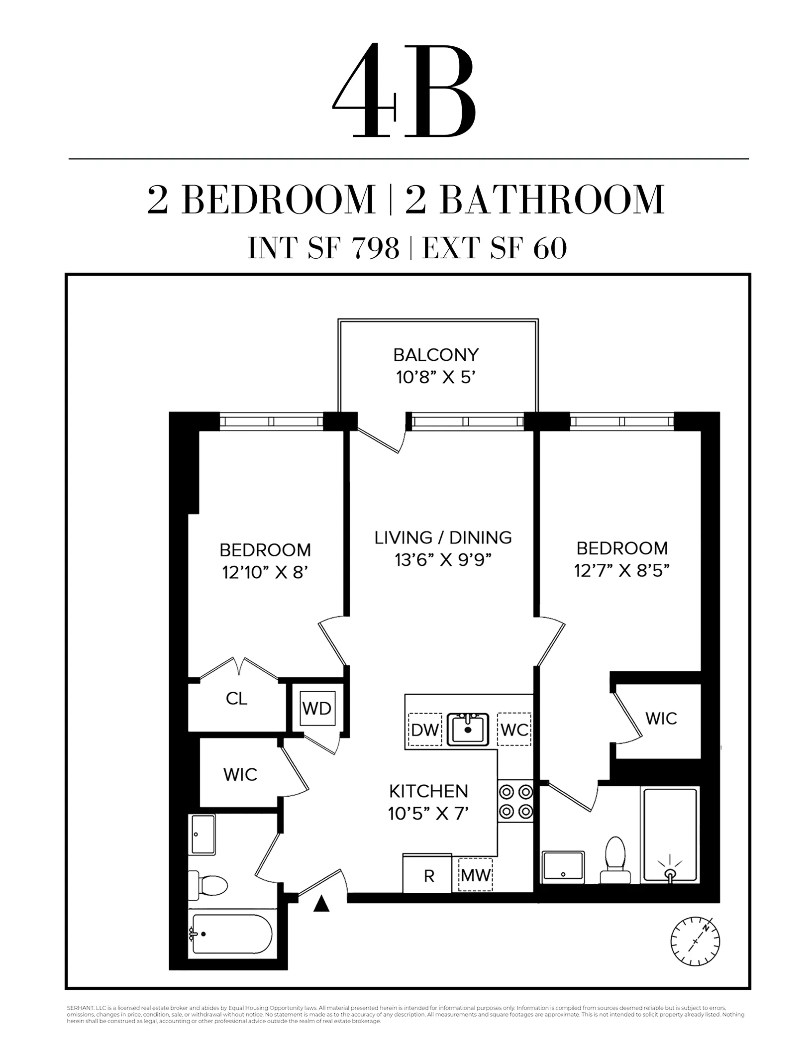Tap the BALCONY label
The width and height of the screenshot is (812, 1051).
click(435, 355)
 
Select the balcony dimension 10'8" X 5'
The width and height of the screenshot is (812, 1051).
click(435, 378)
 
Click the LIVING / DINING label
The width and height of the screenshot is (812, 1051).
click(443, 537)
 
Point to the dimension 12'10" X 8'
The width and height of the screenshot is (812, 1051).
click(265, 572)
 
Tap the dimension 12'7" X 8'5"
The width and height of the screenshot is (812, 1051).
click(621, 570)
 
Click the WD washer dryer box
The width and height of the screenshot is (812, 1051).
click(317, 708)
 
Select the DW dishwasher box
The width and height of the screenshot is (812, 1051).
click(425, 730)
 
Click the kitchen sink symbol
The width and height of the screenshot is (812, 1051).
click(468, 729)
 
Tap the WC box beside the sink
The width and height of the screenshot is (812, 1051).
click(514, 730)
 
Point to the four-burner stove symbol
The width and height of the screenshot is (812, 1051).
click(515, 802)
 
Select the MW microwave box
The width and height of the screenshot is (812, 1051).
click(475, 875)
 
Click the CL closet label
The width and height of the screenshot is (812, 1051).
click(236, 699)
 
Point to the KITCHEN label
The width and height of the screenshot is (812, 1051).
click(428, 791)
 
